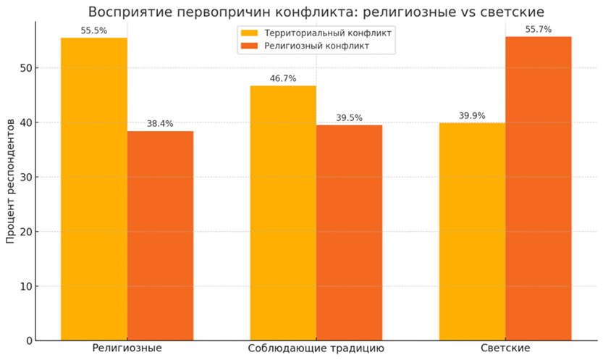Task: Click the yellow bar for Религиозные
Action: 94,189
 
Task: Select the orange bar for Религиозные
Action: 160,235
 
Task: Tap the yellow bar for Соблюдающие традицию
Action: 283,213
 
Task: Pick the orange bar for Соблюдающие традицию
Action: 349,233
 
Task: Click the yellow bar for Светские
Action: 472,232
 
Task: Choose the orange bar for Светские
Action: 538,188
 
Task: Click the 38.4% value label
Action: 160,125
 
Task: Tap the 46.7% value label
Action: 283,79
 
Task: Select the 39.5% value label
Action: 349,118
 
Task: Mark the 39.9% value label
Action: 472,116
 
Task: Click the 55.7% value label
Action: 538,30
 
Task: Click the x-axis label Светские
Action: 505,349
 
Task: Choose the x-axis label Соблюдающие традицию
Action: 316,349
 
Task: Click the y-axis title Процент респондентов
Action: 10,181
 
